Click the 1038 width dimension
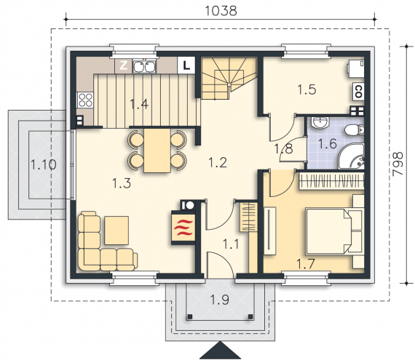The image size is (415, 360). [221, 11]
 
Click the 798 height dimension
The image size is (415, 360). [398, 164]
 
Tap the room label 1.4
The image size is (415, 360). [139, 104]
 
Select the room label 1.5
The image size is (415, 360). [307, 89]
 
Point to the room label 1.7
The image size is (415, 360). [306, 264]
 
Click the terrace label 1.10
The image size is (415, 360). [44, 164]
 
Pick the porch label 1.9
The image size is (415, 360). [219, 300]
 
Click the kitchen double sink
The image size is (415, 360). [144, 66]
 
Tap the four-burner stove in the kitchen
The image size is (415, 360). [85, 100]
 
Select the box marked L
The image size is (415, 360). [186, 65]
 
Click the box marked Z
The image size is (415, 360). [123, 65]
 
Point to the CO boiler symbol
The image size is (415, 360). [358, 92]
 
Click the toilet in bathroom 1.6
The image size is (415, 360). [355, 129]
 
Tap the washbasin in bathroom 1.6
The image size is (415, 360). [320, 122]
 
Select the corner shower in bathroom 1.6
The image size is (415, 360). [352, 157]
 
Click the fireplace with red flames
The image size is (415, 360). [183, 228]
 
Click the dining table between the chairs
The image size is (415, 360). [157, 151]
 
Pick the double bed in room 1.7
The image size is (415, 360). [333, 231]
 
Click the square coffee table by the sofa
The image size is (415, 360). [116, 231]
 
